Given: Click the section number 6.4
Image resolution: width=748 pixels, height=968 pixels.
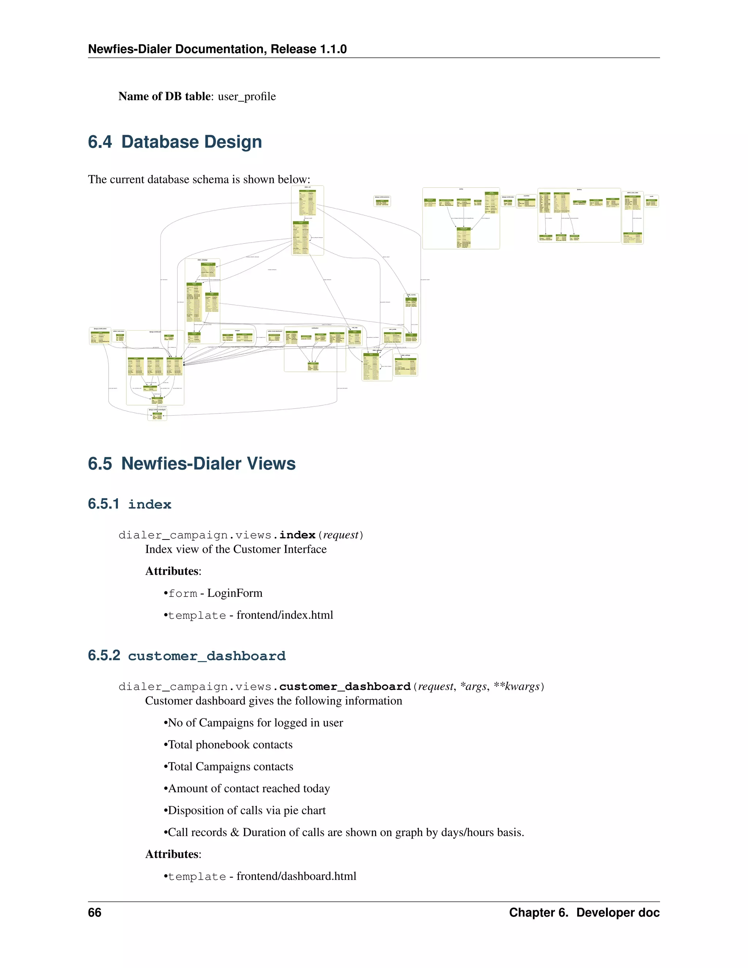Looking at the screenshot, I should (100, 142).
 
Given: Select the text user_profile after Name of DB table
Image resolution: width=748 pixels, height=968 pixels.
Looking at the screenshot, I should (247, 97).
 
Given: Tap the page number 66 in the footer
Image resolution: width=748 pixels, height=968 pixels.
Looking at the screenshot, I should (94, 912).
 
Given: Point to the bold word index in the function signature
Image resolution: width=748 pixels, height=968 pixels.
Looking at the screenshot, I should (297, 535).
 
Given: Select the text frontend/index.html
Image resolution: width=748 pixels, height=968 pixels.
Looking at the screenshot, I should (285, 615).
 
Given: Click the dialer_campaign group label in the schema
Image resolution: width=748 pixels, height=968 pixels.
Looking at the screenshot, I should (202, 260).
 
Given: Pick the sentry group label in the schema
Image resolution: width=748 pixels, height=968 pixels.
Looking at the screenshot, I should (461, 189).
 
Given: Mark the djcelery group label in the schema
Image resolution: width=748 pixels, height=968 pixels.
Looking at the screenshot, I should (579, 190).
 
